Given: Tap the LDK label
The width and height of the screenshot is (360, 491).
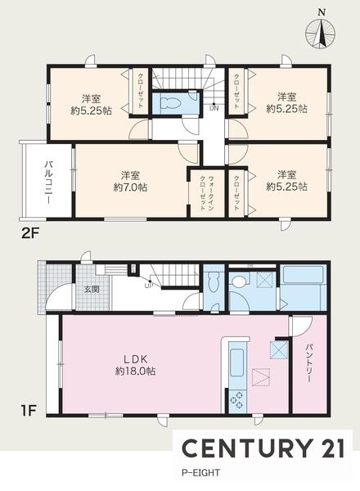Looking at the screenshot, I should pyautogui.click(x=136, y=357).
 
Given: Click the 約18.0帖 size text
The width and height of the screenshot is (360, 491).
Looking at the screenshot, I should pyautogui.click(x=136, y=370).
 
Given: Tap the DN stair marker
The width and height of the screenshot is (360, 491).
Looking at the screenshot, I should pyautogui.click(x=214, y=108).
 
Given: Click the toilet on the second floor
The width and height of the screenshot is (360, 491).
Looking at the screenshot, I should pyautogui.click(x=173, y=105).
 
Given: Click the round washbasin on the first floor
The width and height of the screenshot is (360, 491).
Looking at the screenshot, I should pyautogui.click(x=240, y=282).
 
